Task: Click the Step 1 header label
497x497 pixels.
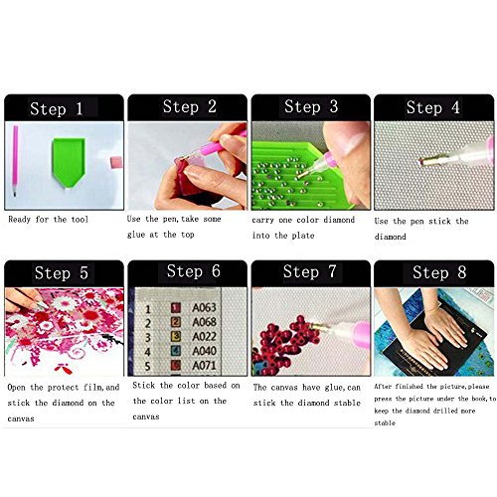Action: (x=64, y=108)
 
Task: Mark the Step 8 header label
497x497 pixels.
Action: (x=432, y=271)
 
